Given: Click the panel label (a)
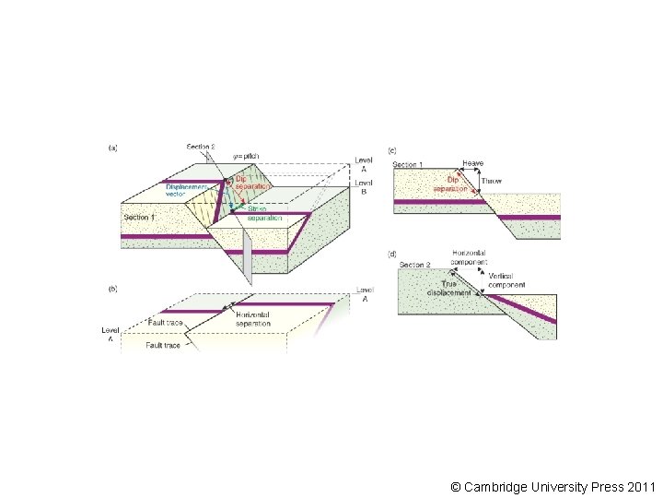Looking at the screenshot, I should pos(113,148).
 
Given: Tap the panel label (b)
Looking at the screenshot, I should pos(113,289).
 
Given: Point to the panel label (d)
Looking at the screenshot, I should pos(392,253).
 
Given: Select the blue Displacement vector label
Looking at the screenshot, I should pos(185,190).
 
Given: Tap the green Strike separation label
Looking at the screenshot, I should pos(265,213).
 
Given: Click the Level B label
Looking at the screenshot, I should pos(365,188).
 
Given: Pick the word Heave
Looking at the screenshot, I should pos(472,163).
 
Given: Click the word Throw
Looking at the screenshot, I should pos(493,182).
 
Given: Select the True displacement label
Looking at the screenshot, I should pos(448,288).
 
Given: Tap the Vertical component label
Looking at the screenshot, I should pos(507,280).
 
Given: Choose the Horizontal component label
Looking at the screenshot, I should pos(469,257).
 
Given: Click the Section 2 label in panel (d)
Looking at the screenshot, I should pos(415,266).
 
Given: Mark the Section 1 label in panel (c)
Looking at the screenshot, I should pos(409,165).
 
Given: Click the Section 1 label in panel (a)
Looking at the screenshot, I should pos(140,217).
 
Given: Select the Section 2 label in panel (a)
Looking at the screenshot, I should pos(201,147).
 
